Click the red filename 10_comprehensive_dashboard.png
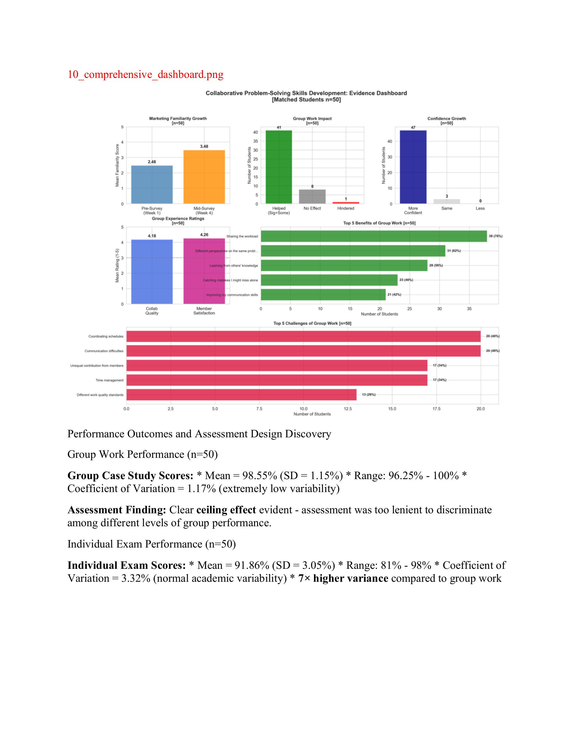(145, 74)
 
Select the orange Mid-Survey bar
(204, 177)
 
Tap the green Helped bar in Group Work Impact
(279, 167)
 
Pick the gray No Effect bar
(312, 196)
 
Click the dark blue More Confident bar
(413, 167)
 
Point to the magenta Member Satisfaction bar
(204, 271)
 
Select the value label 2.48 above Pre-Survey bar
(152, 162)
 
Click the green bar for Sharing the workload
(373, 236)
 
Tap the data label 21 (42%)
(394, 295)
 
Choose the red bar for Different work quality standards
(241, 394)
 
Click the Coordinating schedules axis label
(106, 337)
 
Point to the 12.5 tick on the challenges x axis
(348, 409)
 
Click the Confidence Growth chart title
(446, 118)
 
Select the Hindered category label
(346, 208)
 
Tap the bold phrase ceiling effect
(226, 510)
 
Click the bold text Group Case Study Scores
(130, 476)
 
